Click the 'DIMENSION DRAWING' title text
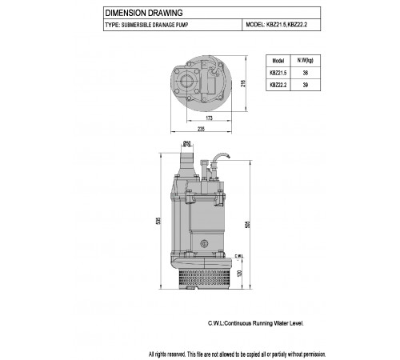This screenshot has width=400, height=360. [144, 13]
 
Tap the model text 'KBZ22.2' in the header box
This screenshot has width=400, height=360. [298, 25]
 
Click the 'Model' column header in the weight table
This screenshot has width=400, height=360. [278, 61]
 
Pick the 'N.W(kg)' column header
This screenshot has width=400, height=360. [306, 61]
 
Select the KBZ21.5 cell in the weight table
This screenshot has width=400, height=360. [278, 73]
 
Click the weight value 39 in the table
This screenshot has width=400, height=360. [306, 85]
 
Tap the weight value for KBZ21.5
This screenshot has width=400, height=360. [306, 73]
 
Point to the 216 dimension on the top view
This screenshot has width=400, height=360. [243, 83]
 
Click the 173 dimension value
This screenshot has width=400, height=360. [210, 118]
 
